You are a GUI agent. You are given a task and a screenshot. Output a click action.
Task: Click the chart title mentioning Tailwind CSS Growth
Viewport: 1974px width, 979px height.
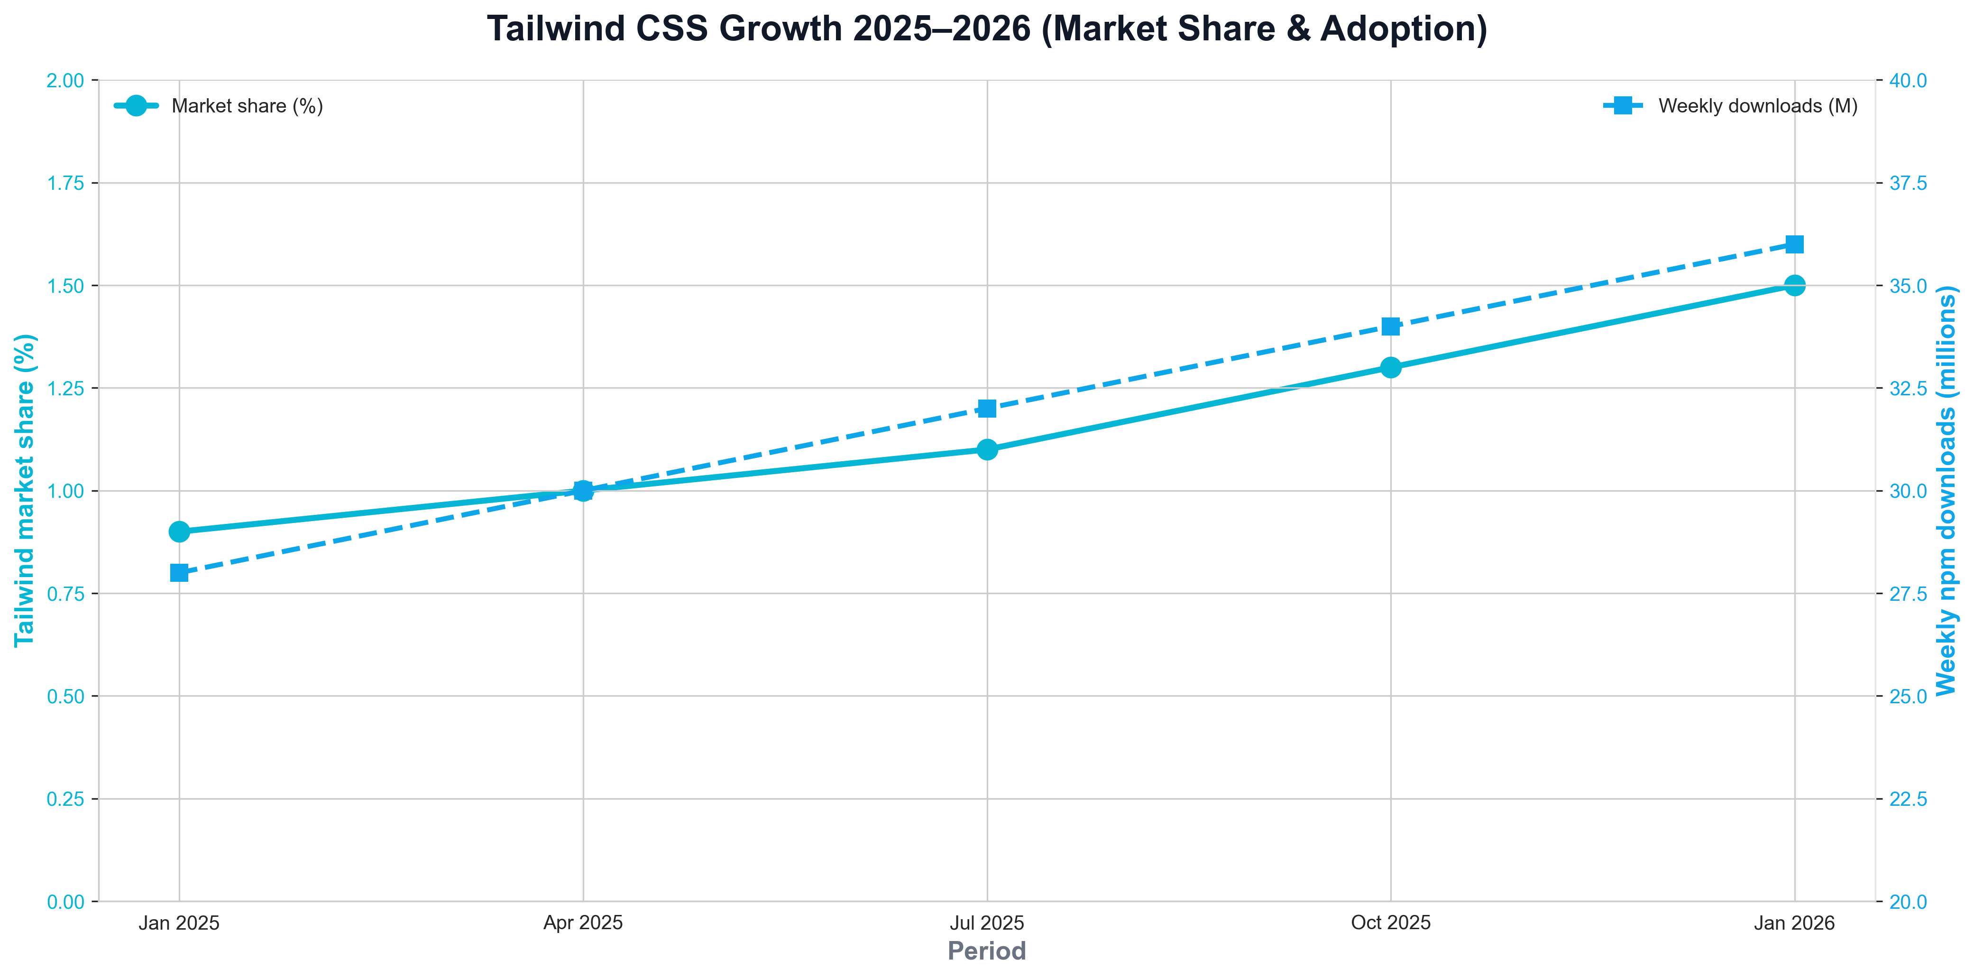tap(987, 29)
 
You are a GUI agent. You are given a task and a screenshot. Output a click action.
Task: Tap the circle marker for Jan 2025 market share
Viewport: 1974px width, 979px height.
tap(179, 531)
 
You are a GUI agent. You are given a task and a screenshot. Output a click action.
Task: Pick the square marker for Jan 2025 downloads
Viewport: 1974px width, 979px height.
tap(179, 573)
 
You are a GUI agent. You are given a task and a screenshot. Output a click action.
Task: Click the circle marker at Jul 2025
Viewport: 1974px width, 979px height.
tap(987, 449)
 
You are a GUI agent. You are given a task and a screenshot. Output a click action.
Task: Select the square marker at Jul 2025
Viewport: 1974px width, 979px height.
tap(987, 409)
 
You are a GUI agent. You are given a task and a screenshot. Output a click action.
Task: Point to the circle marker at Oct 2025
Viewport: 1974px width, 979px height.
tap(1391, 367)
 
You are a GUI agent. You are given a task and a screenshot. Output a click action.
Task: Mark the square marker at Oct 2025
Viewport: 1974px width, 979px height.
tap(1391, 326)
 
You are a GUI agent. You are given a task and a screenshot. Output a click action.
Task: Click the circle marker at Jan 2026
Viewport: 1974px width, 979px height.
tap(1795, 285)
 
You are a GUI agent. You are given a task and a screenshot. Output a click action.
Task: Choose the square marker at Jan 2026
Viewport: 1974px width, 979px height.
tap(1795, 244)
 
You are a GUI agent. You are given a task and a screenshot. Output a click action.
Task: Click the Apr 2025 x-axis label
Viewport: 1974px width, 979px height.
tap(583, 923)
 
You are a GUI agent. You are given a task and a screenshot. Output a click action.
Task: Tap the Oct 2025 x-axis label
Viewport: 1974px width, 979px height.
tap(1391, 923)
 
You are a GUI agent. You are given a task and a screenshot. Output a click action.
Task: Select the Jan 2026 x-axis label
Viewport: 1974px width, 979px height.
tap(1795, 923)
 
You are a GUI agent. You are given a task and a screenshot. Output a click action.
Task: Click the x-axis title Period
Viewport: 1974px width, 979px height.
tap(987, 951)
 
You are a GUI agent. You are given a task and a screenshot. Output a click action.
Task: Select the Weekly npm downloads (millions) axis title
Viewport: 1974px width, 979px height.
tap(1946, 491)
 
